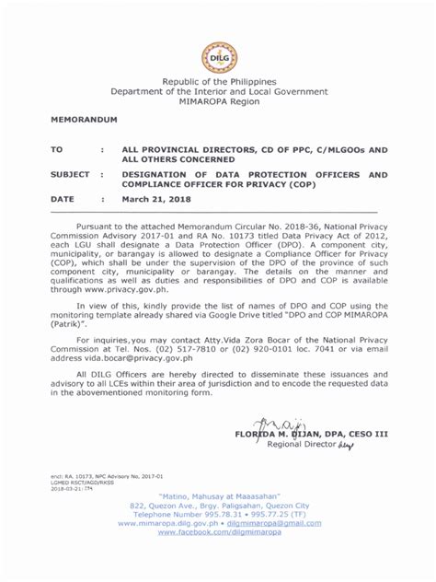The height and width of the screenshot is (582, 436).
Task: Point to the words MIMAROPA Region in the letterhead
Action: (x=218, y=103)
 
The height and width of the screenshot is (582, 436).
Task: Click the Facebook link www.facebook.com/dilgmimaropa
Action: (x=218, y=531)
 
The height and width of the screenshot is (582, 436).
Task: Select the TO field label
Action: (x=56, y=147)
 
